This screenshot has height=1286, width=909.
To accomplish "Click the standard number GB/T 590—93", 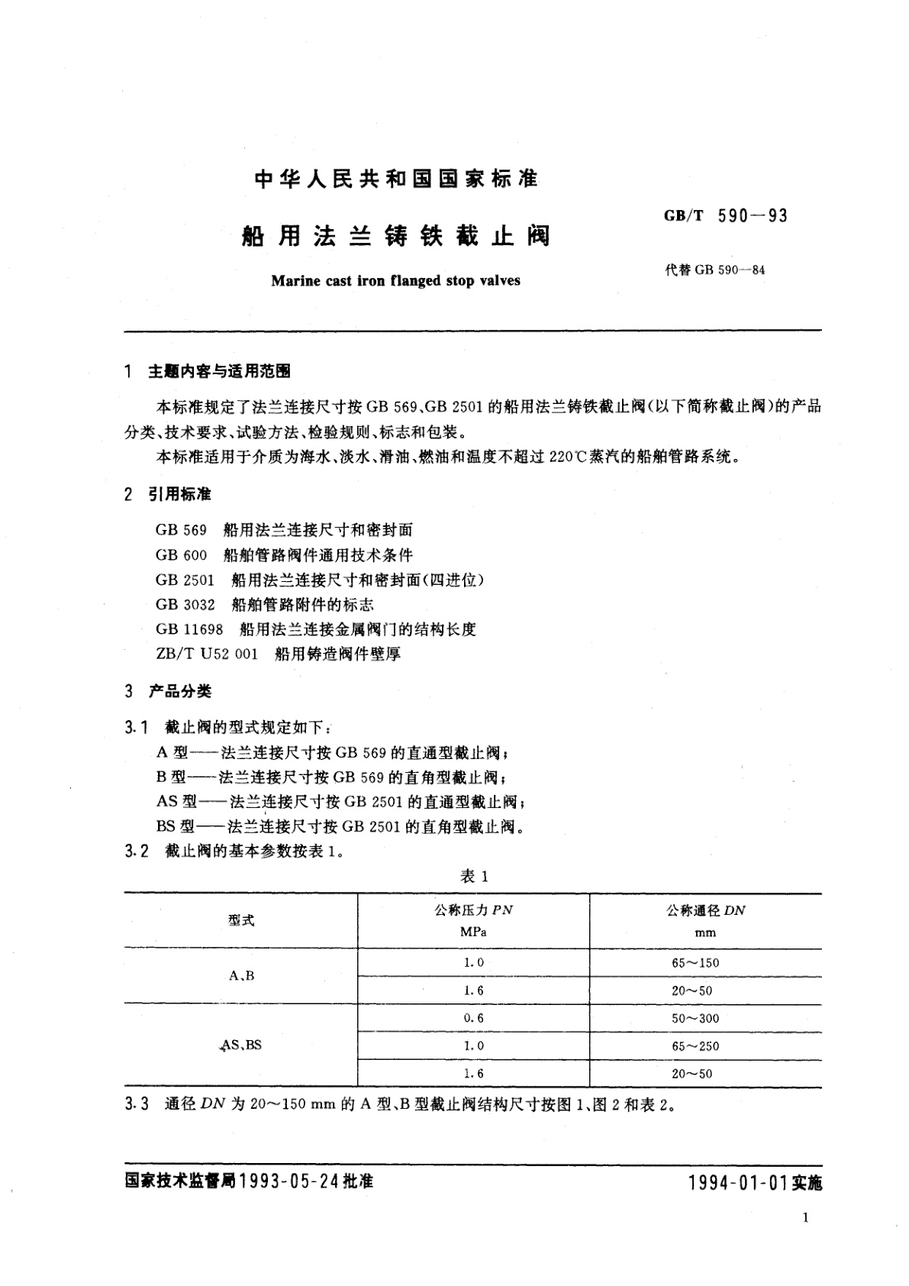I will pos(725,216).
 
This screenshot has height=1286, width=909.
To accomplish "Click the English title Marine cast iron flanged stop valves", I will pos(395,280).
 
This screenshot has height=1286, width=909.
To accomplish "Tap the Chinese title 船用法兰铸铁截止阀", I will pos(395,236).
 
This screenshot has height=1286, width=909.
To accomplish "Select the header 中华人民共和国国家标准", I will pos(395,179).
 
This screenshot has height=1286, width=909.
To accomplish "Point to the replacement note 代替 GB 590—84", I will pos(715,270).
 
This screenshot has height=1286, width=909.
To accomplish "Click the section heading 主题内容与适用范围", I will pos(219,371).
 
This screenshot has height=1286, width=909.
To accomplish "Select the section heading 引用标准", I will pos(179,494).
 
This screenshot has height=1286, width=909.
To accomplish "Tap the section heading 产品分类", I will pos(179,691).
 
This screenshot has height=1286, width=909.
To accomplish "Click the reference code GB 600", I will pos(181,554).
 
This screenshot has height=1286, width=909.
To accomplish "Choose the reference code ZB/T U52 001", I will pos(206,654).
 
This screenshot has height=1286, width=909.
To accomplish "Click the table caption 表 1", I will pos(473,876).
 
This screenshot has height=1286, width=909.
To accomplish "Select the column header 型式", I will pos(241,920).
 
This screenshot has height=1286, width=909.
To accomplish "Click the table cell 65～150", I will pos(695,963).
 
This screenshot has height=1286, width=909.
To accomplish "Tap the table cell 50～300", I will pos(695,1018).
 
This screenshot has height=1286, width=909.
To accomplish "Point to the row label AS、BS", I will pos(241,1045).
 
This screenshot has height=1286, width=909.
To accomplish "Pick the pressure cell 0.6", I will pos(473,1018).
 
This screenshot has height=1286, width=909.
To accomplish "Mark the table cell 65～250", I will pos(695,1046).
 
